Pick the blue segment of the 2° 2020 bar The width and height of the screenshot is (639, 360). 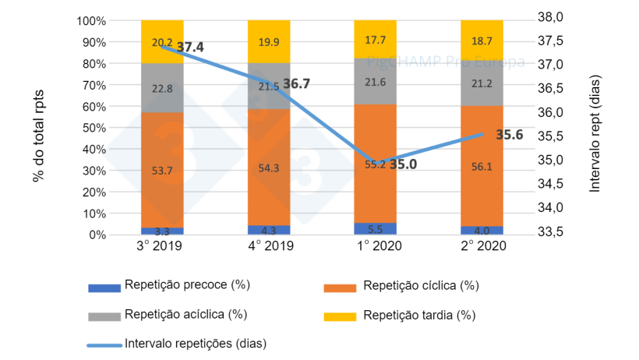pos(482,230)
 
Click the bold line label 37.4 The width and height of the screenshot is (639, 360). pos(190,48)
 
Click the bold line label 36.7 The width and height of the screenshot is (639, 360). pos(297,83)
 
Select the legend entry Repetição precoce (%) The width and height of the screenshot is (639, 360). pos(186,285)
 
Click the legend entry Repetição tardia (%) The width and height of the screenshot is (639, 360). pos(418,316)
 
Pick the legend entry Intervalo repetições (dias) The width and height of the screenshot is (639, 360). pos(196,342)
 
